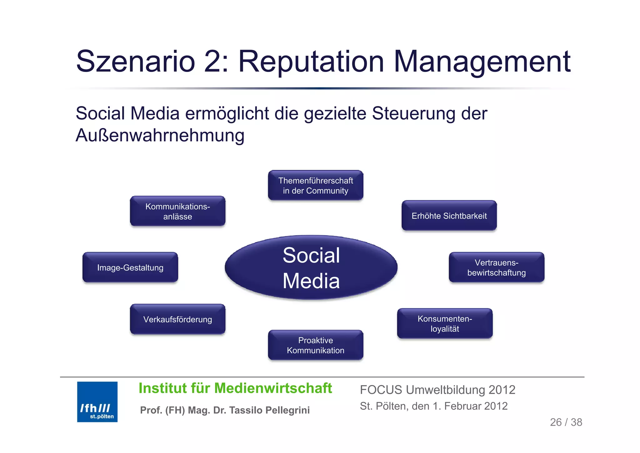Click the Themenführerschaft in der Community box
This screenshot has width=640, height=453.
click(x=316, y=186)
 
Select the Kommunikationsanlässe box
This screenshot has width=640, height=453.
click(x=177, y=211)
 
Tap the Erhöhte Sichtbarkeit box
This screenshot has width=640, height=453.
click(x=449, y=216)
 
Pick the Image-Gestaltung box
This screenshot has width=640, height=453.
click(x=130, y=267)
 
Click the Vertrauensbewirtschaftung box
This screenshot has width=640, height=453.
click(x=497, y=267)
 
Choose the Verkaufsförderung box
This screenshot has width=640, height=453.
click(x=177, y=319)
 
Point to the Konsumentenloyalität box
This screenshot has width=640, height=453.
click(x=445, y=323)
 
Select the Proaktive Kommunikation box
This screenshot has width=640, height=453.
click(x=316, y=345)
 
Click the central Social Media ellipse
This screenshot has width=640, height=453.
click(x=311, y=267)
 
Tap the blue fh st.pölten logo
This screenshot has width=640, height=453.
click(x=97, y=402)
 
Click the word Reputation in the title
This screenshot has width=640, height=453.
click(x=311, y=62)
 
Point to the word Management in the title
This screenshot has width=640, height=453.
click(x=482, y=62)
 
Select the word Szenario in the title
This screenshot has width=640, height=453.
click(x=136, y=62)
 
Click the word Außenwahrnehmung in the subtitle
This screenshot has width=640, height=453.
click(x=160, y=135)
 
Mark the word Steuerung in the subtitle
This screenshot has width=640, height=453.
click(x=414, y=113)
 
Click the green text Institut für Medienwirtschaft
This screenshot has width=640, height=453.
click(x=235, y=388)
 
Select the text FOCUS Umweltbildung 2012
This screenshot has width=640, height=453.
click(x=437, y=390)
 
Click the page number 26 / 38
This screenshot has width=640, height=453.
click(x=566, y=422)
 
